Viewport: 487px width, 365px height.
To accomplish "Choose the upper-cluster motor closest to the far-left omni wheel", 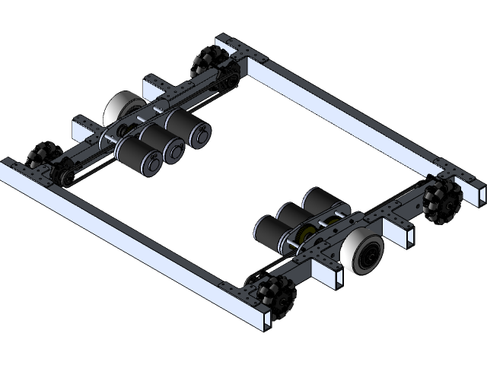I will tap(135, 155).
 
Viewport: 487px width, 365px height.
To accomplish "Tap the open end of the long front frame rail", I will tap(262, 320).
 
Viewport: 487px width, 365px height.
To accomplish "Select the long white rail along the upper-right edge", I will tap(342, 110).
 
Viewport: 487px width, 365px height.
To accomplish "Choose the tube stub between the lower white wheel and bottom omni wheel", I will tap(331, 278).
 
